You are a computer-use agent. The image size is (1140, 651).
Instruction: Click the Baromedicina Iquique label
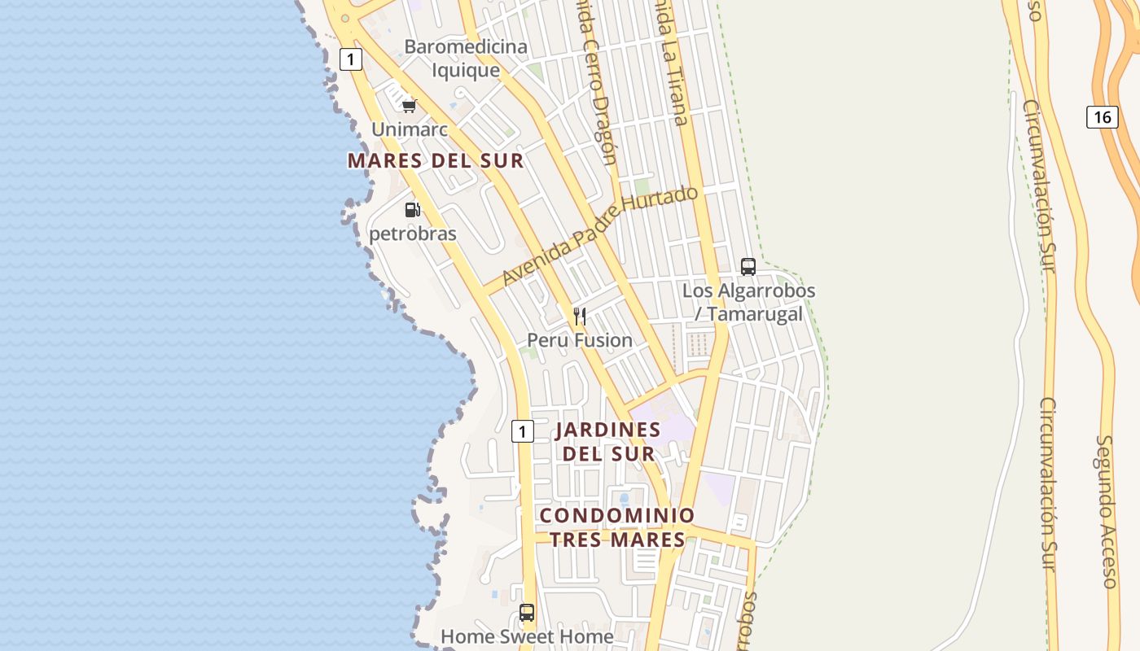[466, 59]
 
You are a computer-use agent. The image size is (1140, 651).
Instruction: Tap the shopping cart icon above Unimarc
[410, 106]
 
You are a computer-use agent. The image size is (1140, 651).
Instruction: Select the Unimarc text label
[410, 129]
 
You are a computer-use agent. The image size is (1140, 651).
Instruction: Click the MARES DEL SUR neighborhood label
[436, 160]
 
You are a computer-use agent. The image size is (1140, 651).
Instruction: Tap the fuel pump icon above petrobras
[413, 210]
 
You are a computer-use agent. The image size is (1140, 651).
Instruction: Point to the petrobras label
[413, 234]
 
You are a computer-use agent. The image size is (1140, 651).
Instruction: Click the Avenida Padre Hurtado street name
[600, 236]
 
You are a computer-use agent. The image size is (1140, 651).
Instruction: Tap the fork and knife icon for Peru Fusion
[580, 316]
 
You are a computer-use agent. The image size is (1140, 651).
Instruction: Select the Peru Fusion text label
[580, 340]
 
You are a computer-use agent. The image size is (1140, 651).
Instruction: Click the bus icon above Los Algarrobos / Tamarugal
[748, 266]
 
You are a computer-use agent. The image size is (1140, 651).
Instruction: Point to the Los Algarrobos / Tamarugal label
[748, 302]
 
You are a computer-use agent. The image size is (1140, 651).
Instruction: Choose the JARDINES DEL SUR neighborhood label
[608, 441]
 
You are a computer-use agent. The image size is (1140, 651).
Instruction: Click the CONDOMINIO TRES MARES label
[617, 527]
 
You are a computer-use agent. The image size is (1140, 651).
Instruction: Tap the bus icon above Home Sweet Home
[527, 612]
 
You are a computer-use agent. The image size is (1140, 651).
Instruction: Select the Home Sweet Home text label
[527, 636]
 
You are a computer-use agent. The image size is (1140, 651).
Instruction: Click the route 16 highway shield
[1102, 117]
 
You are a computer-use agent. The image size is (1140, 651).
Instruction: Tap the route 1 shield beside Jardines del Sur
[523, 431]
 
